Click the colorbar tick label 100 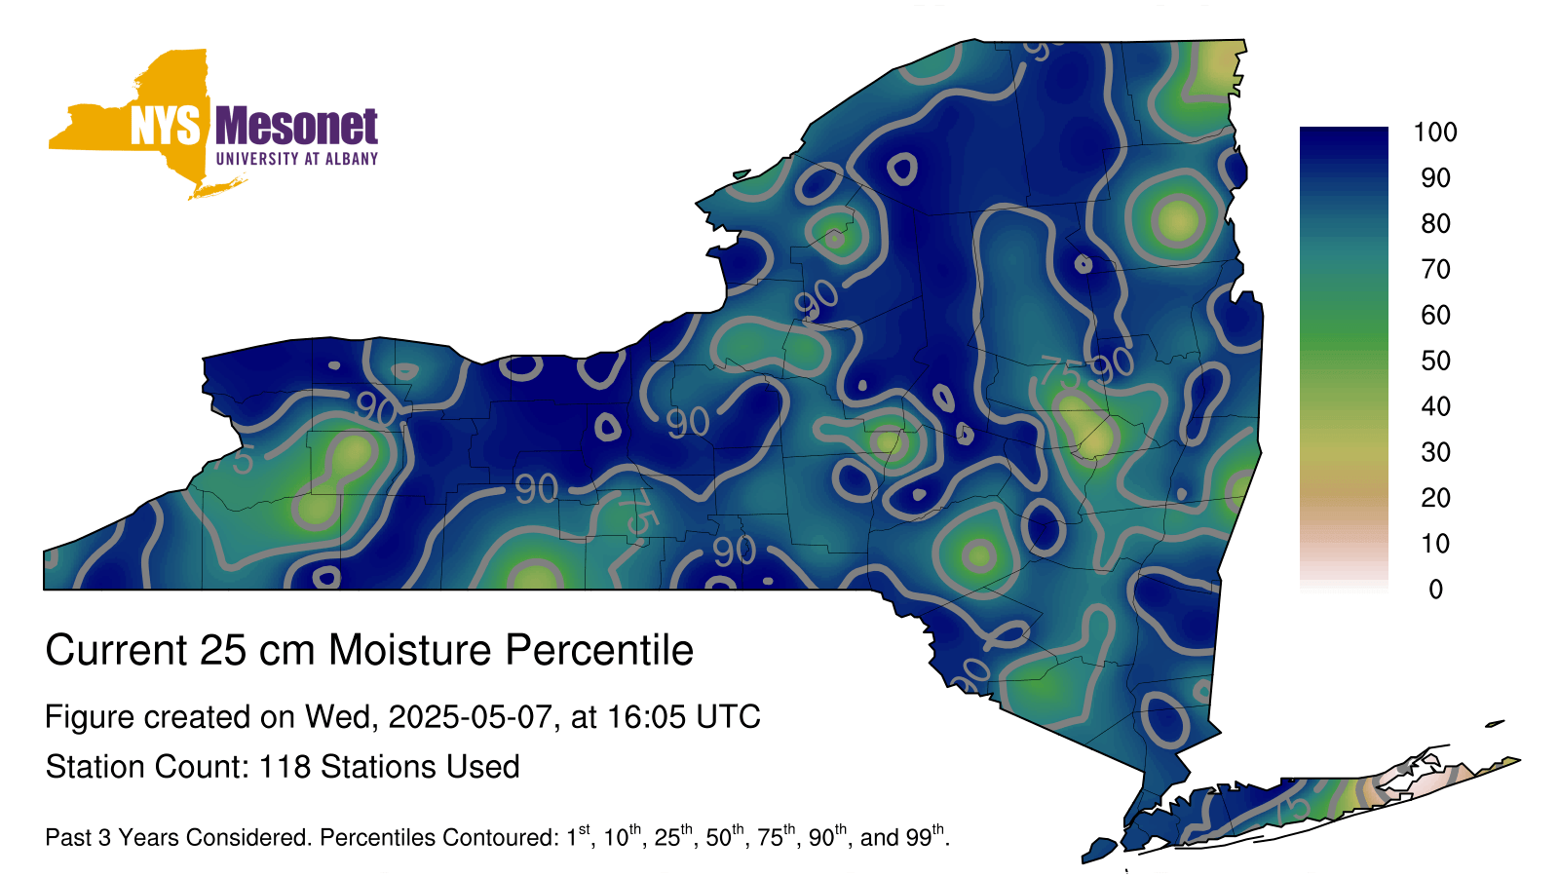pos(1435,132)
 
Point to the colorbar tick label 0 pos(1435,590)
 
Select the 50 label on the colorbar pos(1435,361)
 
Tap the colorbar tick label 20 pos(1435,498)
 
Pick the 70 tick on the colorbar pos(1435,269)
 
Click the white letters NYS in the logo pos(165,126)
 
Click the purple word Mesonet pos(296,126)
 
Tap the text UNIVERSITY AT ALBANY pos(296,159)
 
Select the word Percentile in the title pos(599,650)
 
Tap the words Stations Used pos(420,767)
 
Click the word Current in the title pos(116,650)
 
